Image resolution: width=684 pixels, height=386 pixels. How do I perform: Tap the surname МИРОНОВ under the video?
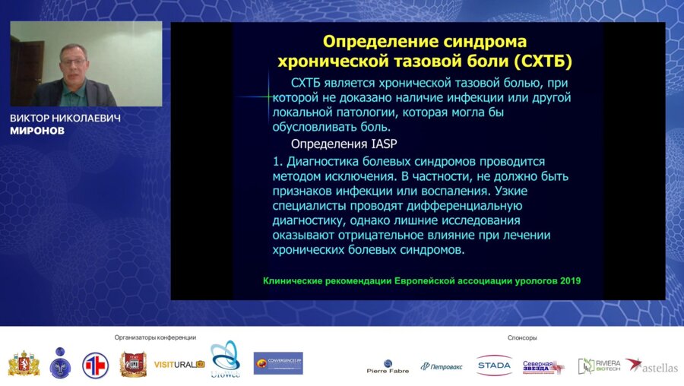click(x=37, y=131)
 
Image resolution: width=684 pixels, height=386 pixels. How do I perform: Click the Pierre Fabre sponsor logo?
click(x=388, y=365)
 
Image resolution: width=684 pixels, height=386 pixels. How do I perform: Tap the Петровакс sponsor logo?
click(x=442, y=366)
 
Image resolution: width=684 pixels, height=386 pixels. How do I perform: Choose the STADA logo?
click(x=494, y=365)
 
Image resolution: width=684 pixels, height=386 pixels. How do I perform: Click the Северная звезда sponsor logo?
click(x=543, y=365)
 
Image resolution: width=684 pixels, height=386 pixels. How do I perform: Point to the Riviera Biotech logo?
click(x=599, y=365)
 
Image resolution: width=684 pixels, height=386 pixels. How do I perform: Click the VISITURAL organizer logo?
click(x=179, y=364)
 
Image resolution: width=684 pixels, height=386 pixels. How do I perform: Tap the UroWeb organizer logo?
click(x=225, y=360)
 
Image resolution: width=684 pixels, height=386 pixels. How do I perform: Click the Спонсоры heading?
click(x=522, y=337)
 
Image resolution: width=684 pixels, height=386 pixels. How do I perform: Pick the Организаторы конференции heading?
click(x=155, y=337)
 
